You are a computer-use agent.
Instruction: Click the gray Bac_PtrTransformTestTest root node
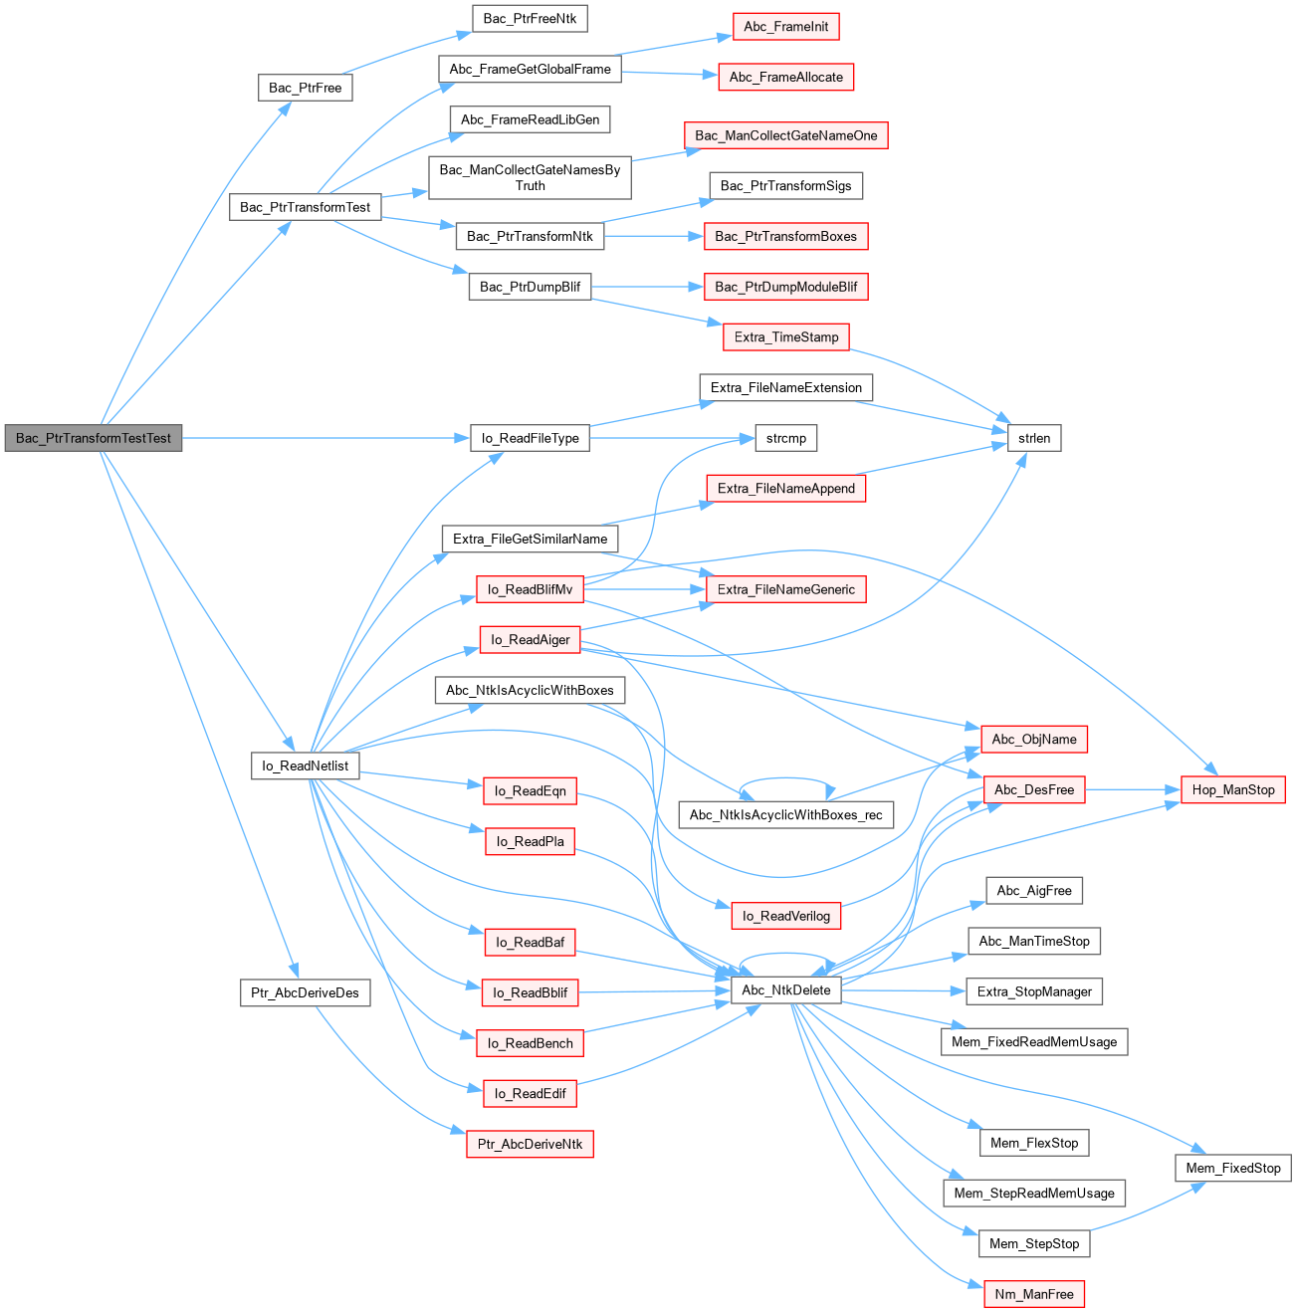94,438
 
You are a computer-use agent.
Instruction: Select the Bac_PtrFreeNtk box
530,18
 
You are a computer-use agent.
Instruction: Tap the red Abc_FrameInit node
785,27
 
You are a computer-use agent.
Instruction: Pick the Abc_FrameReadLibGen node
530,119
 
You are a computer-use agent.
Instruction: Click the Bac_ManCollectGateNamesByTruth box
530,177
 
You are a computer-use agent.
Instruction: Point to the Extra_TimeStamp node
785,337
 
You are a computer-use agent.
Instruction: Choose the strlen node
1034,438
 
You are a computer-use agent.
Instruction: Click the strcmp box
785,438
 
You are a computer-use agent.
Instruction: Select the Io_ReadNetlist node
305,766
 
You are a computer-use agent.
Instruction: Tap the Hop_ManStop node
1232,789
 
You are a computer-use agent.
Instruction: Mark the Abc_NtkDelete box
785,990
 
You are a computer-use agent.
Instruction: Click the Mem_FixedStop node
1232,1168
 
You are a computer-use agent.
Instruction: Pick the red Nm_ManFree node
1034,1294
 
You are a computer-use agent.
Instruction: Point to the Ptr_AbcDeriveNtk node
530,1144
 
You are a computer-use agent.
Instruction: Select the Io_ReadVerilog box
785,916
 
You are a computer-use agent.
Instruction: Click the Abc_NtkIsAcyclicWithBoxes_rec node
785,814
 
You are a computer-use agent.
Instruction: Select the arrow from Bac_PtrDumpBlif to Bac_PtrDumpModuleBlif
647,287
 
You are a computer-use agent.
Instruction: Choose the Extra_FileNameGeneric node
785,589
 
